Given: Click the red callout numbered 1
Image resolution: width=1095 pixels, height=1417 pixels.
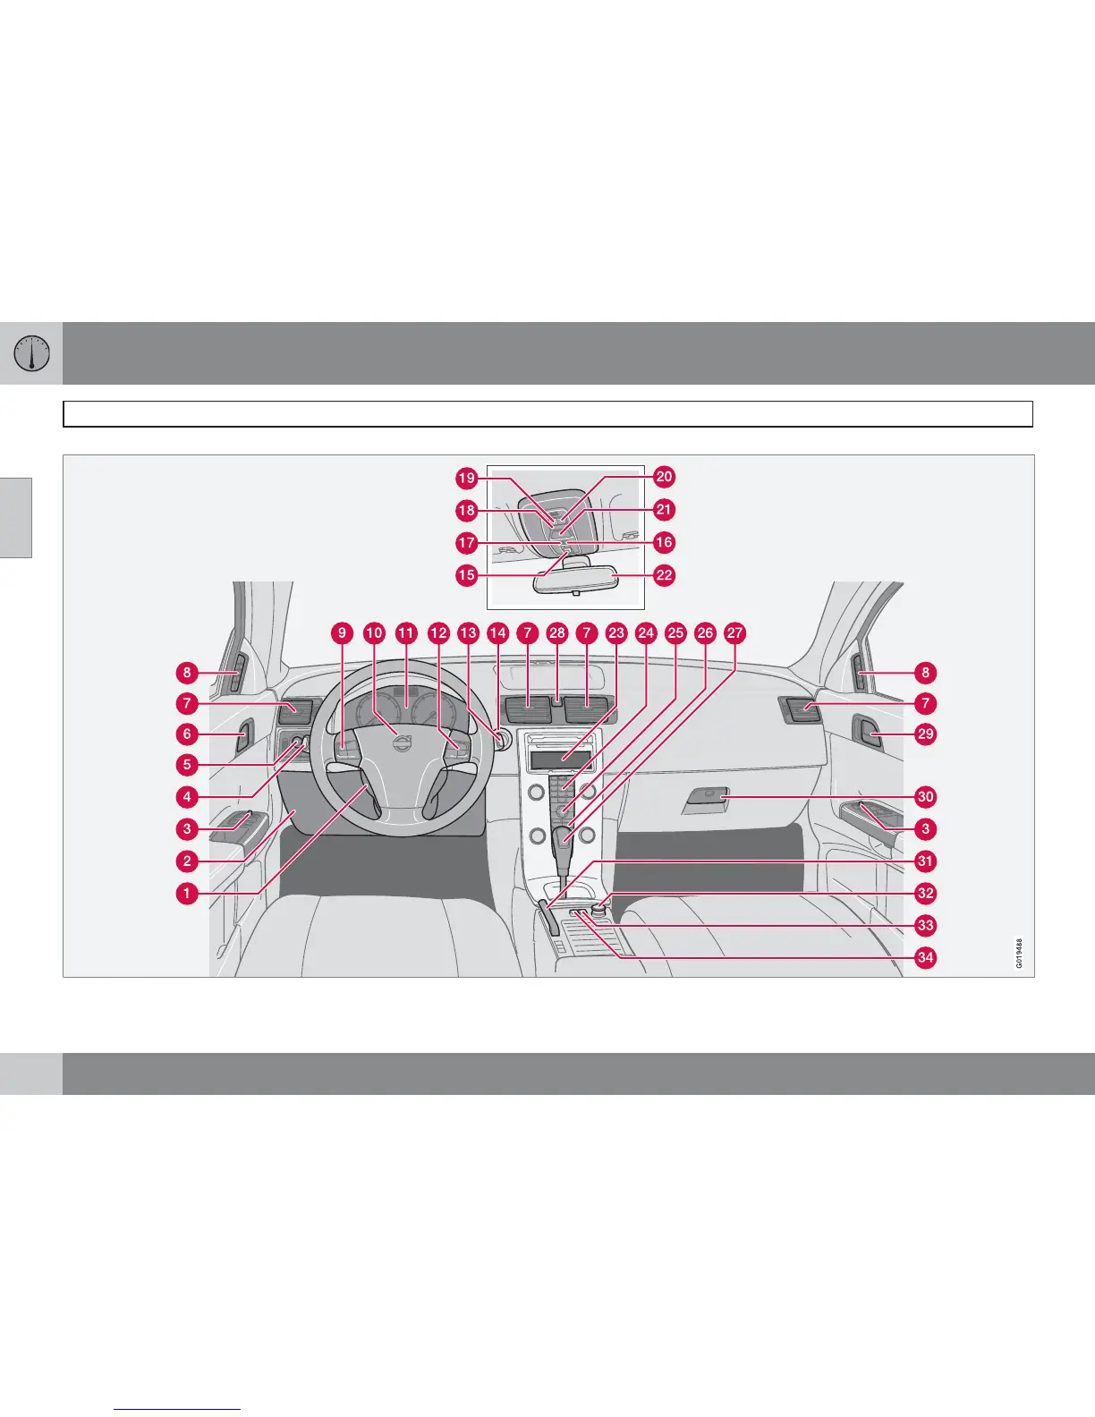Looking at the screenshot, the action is click(187, 893).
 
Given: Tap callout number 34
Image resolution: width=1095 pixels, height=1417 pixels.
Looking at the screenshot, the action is click(925, 958).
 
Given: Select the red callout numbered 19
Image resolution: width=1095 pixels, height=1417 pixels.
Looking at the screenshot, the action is click(466, 478).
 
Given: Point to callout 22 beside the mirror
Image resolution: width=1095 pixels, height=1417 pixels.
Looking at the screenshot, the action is click(664, 575).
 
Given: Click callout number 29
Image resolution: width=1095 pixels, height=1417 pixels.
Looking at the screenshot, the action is click(925, 734).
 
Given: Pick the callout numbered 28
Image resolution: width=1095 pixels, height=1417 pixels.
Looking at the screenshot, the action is click(557, 633).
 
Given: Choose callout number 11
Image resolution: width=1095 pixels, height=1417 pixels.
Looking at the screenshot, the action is click(406, 633).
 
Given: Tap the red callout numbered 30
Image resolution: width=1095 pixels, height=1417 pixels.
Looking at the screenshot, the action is click(925, 796).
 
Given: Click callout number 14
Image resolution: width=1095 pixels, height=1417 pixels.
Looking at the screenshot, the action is click(497, 633).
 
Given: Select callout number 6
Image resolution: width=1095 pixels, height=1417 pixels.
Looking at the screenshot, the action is click(187, 734).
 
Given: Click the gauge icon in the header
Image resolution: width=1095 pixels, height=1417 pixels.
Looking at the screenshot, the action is click(31, 353).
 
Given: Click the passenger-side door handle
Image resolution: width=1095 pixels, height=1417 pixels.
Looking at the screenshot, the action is click(867, 734).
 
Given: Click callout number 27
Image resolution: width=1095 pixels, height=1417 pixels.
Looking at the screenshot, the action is click(734, 633).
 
